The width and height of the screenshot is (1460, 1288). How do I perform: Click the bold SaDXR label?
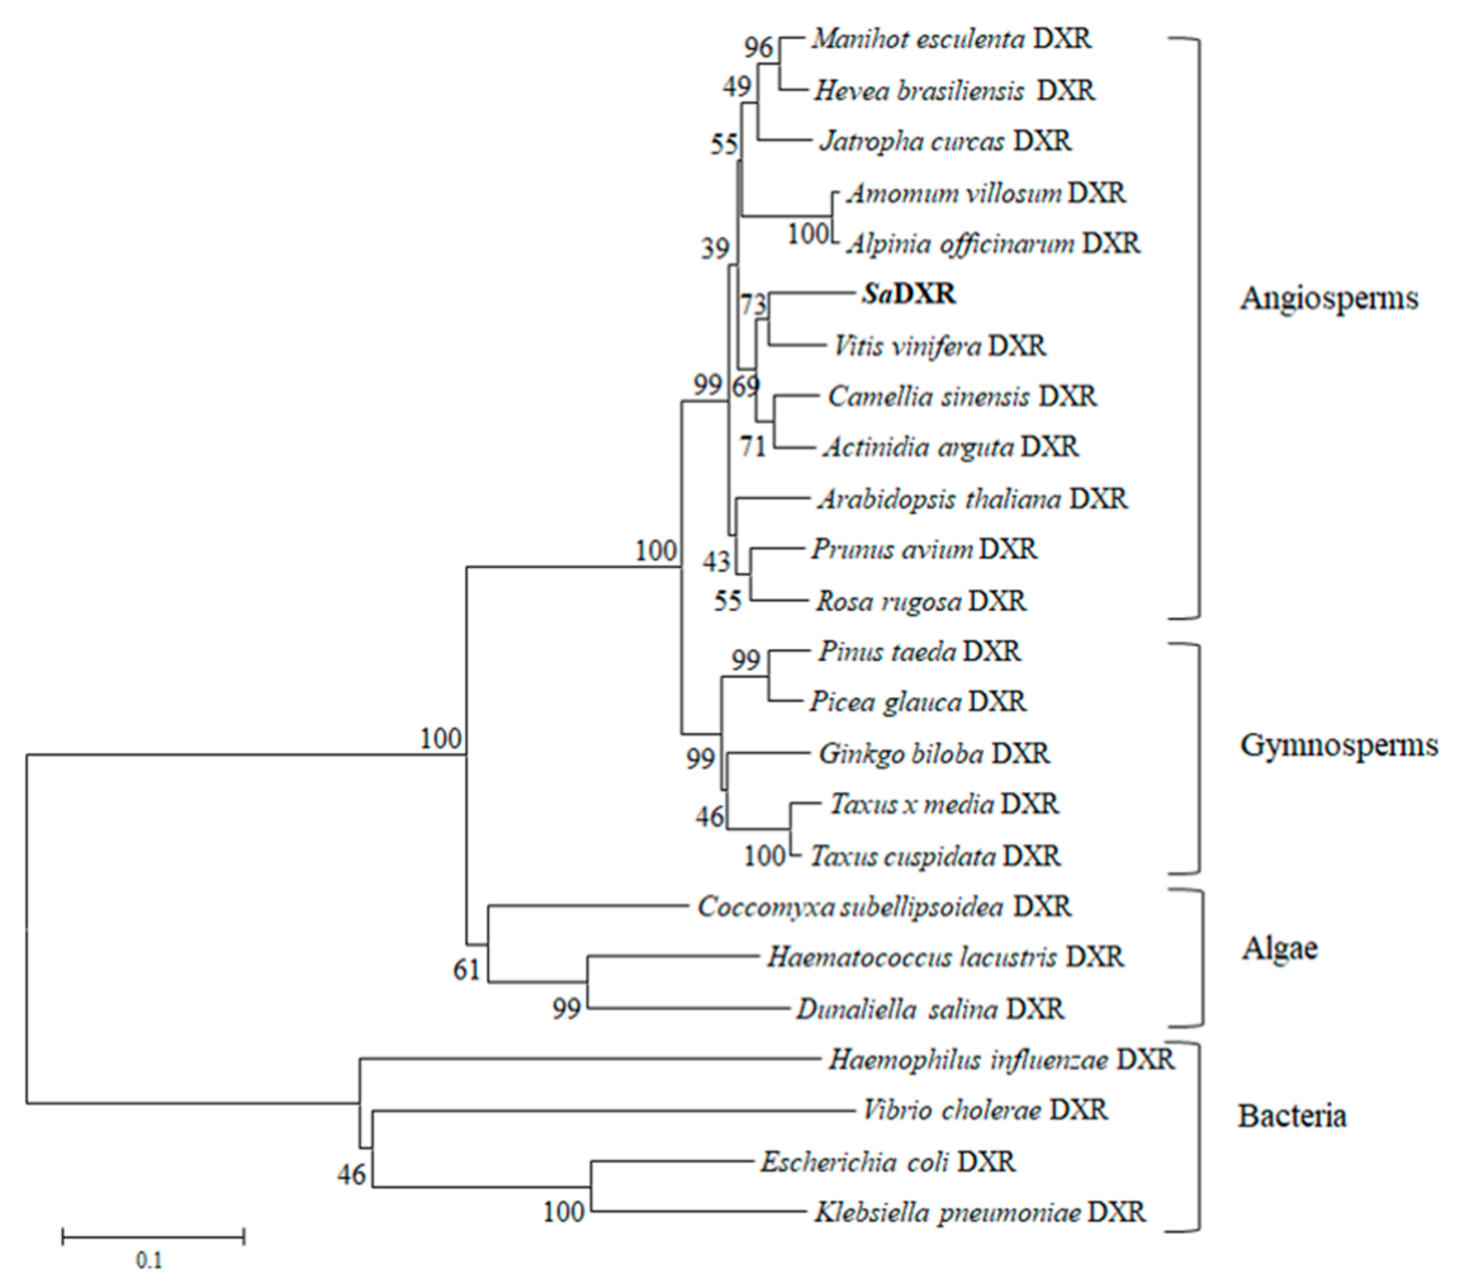[x=908, y=293]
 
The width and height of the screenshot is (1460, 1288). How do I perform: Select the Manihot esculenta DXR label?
[x=951, y=39]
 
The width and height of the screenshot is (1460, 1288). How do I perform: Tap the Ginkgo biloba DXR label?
[x=933, y=754]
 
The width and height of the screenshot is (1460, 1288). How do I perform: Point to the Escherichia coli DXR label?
[x=887, y=1162]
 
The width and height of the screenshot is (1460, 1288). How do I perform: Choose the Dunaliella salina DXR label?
[x=930, y=1009]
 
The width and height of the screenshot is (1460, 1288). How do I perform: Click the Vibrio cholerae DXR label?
[x=985, y=1110]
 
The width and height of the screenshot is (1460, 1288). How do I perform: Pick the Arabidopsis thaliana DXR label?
[x=972, y=499]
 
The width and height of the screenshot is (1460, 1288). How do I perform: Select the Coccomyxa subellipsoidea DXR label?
[x=884, y=906]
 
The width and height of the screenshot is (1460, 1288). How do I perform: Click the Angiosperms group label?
[x=1329, y=298]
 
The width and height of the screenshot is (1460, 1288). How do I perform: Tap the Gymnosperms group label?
[x=1338, y=745]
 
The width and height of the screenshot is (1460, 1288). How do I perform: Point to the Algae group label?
[x=1279, y=949]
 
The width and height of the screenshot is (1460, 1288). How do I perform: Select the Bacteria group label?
[x=1291, y=1116]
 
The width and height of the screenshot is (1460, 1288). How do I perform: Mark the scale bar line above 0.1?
[x=153, y=1236]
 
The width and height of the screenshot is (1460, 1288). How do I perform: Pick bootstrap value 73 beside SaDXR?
[x=753, y=305]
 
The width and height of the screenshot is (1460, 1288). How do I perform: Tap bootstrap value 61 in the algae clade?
[x=466, y=970]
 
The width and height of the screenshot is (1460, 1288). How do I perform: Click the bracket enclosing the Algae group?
[x=1201, y=957]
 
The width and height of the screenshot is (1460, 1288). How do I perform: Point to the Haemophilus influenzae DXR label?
[x=1001, y=1060]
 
